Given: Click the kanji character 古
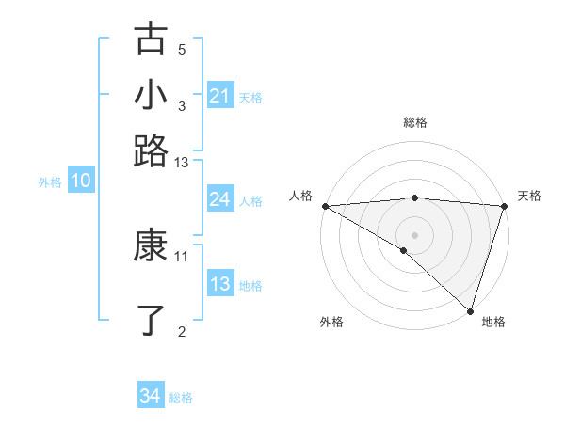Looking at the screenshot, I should [151, 40].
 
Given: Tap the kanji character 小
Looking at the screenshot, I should [151, 95].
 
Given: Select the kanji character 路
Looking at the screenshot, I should [151, 150].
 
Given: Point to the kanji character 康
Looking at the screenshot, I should [151, 246].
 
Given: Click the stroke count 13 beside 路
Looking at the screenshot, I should [182, 163].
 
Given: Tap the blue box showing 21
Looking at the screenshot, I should [219, 96].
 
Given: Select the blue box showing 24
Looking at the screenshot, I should [219, 199].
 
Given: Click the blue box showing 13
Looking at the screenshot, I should [219, 285].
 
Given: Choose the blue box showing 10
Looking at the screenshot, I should [80, 182].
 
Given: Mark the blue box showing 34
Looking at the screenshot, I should [150, 396].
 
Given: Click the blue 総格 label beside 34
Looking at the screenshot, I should [181, 398].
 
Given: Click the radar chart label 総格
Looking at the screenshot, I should [415, 122].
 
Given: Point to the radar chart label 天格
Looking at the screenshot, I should [530, 196].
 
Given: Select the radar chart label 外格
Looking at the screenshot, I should [331, 322].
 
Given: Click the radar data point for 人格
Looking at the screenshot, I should [325, 206].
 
